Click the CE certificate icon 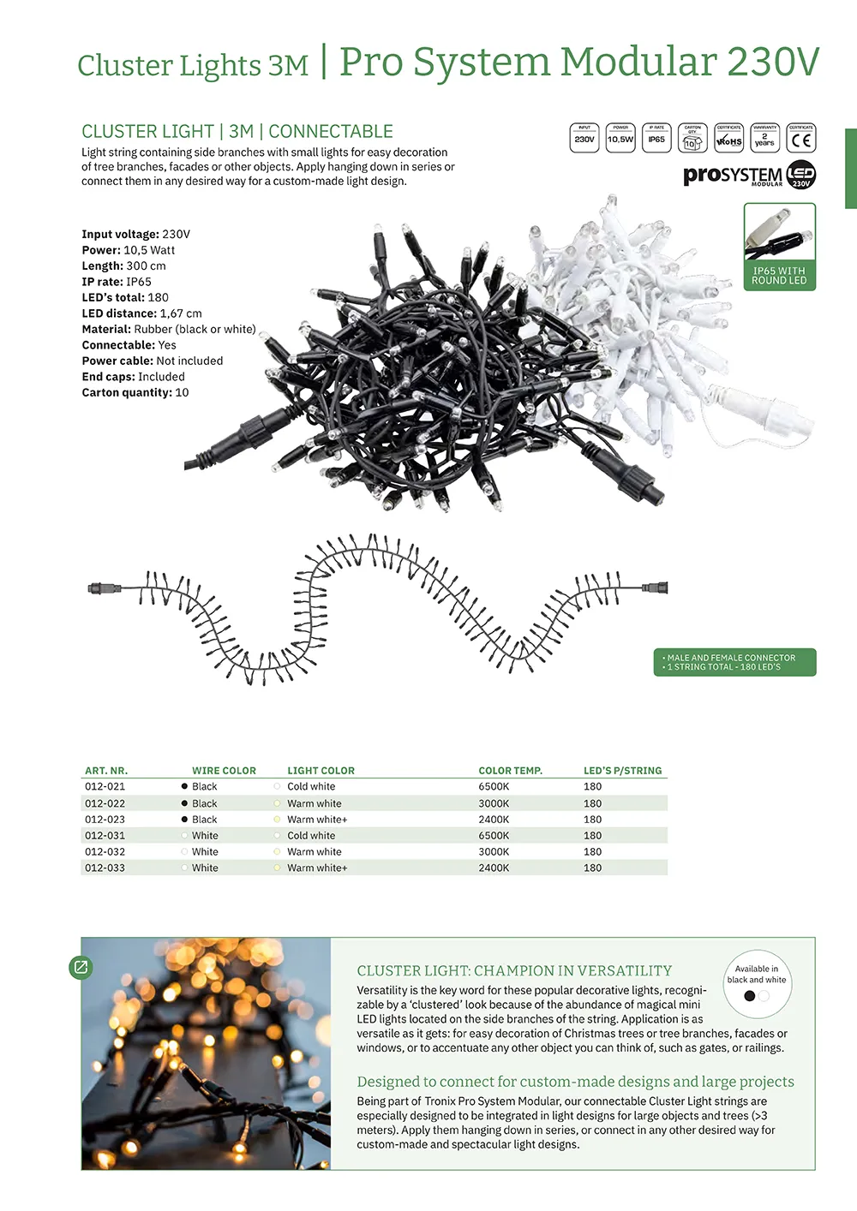800,138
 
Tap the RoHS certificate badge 728,138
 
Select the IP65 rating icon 656,138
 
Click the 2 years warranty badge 764,138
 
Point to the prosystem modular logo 749,175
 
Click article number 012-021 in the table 105,786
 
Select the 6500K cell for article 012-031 494,835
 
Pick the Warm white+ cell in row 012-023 317,819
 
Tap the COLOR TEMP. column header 510,771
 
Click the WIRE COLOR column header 224,771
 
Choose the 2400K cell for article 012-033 494,868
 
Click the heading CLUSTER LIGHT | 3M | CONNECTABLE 237,132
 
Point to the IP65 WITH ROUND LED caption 779,276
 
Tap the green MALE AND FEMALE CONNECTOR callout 734,662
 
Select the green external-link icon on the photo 81,967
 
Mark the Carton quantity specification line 135,392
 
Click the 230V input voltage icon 584,138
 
